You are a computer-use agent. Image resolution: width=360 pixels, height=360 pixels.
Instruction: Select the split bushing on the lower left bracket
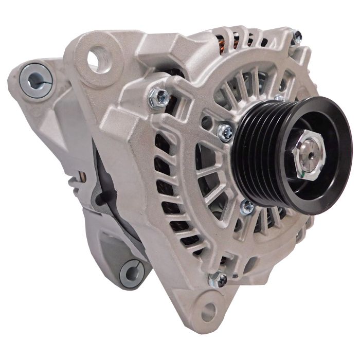[x=131, y=273]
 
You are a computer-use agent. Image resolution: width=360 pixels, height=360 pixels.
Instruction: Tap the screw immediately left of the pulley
[x=225, y=132]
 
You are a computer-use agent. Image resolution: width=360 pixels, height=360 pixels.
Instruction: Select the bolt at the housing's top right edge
[x=297, y=36]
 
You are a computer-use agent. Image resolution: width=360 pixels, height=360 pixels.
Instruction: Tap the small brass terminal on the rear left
[x=81, y=177]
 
